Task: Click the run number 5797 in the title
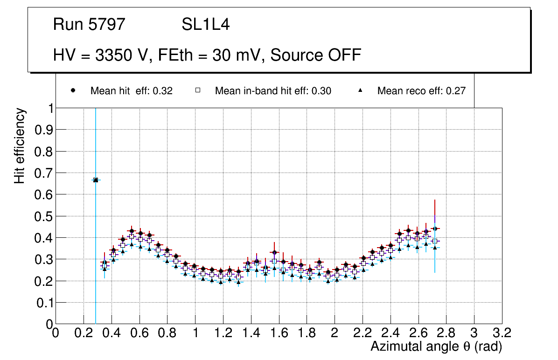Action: click(x=107, y=24)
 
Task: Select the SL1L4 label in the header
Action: click(x=206, y=24)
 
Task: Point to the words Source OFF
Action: click(x=316, y=55)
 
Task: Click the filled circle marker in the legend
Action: click(x=73, y=91)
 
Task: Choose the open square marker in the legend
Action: click(x=197, y=91)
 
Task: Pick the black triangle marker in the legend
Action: click(x=360, y=91)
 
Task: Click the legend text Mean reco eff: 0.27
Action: click(x=421, y=91)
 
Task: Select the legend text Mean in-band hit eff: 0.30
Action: click(x=273, y=91)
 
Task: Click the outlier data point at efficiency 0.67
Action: click(x=96, y=180)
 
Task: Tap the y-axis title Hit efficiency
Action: click(x=20, y=145)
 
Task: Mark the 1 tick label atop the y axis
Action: click(x=49, y=108)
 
